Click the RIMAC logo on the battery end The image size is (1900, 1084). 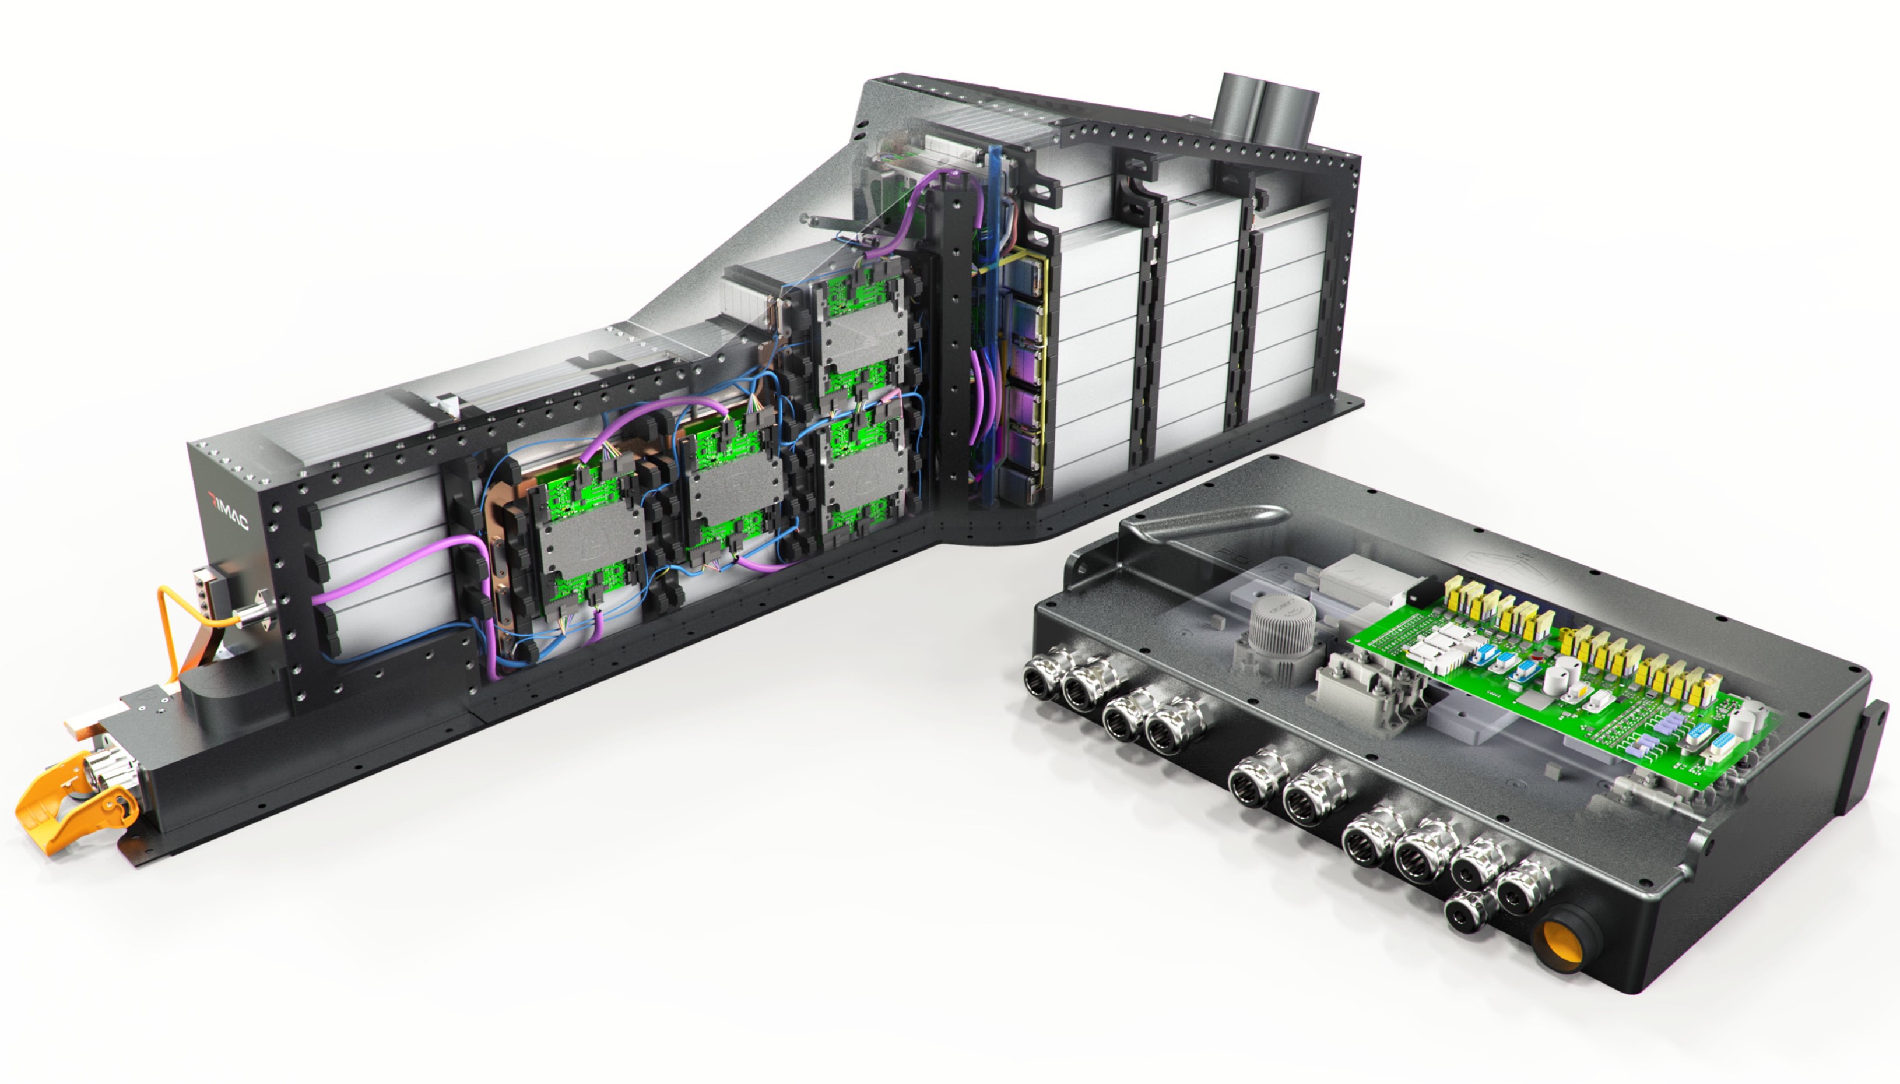click(x=229, y=512)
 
